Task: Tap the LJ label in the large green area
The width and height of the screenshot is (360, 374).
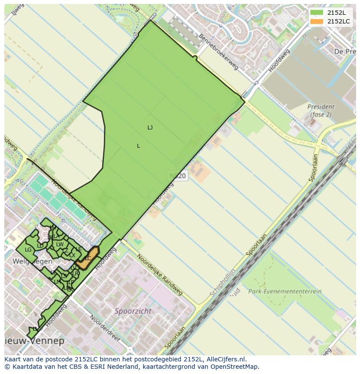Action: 150,127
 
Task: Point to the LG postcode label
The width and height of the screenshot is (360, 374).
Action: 28,250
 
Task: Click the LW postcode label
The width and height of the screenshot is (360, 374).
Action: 60,245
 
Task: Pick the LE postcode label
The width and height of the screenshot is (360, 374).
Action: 79,249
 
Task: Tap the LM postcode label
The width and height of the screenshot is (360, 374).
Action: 57,281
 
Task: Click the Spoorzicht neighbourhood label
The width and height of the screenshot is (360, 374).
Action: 133,311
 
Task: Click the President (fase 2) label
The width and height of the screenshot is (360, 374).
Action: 321,110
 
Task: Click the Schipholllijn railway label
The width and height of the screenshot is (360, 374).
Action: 222,283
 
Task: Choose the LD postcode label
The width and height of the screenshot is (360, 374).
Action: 40,246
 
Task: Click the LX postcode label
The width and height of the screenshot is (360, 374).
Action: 72,255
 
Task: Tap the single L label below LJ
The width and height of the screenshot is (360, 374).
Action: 138,146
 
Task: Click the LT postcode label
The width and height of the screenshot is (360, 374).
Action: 53,273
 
